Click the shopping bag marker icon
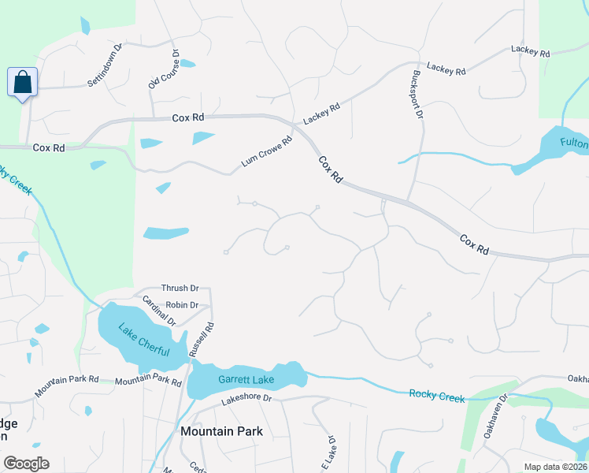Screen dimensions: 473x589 pyautogui.click(x=23, y=82)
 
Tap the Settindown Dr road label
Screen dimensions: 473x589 pyautogui.click(x=106, y=65)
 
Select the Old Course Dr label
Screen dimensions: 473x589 pyautogui.click(x=164, y=69)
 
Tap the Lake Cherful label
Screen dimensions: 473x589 pyautogui.click(x=143, y=340)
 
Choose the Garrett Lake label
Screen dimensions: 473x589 pyautogui.click(x=246, y=380)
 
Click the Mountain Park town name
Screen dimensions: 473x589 pyautogui.click(x=221, y=431)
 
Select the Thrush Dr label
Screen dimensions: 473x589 pyautogui.click(x=180, y=289)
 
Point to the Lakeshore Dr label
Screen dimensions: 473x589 pyautogui.click(x=246, y=399)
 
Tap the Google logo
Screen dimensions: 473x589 pyautogui.click(x=26, y=464)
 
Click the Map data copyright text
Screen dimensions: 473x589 pyautogui.click(x=556, y=467)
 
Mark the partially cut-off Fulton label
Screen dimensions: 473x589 pyautogui.click(x=574, y=143)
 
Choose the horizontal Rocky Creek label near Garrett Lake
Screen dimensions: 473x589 pyautogui.click(x=437, y=393)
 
